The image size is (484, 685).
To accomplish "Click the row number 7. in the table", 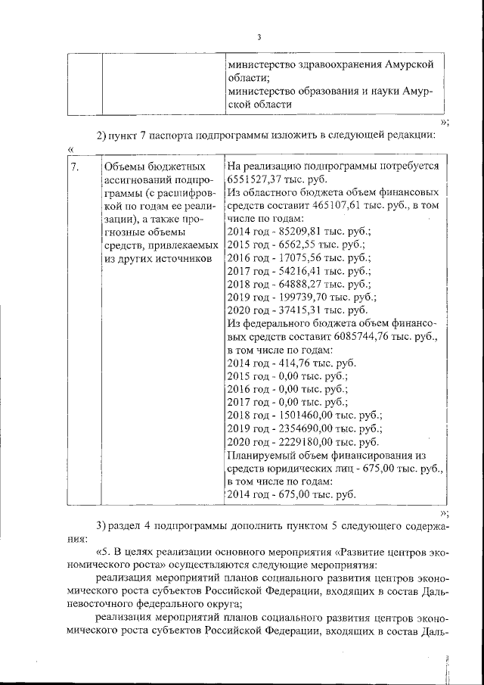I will pyautogui.click(x=76, y=166).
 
